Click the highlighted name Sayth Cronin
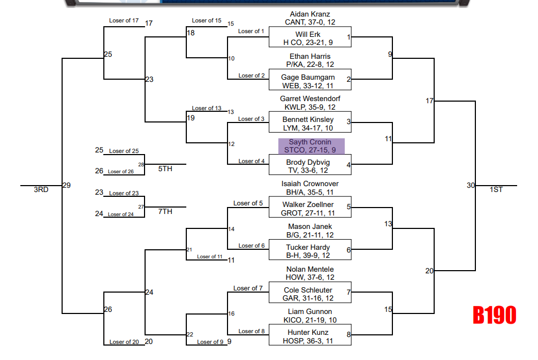pos(310,142)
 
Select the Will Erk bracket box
pos(309,38)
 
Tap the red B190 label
pos(494,316)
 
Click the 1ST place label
pos(496,189)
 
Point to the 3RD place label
pos(41,189)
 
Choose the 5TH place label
pos(165,168)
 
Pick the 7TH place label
pos(165,211)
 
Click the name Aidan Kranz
pos(310,14)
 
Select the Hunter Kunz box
pos(309,336)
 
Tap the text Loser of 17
pos(124,21)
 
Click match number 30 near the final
pos(471,185)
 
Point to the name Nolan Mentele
pos(310,269)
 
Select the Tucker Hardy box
pos(309,251)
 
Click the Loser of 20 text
pos(124,342)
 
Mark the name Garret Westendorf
pos(310,99)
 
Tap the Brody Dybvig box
pos(309,166)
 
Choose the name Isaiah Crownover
pos(310,184)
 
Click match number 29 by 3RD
pos(67,185)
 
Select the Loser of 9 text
pos(210,342)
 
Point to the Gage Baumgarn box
pos(309,81)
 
